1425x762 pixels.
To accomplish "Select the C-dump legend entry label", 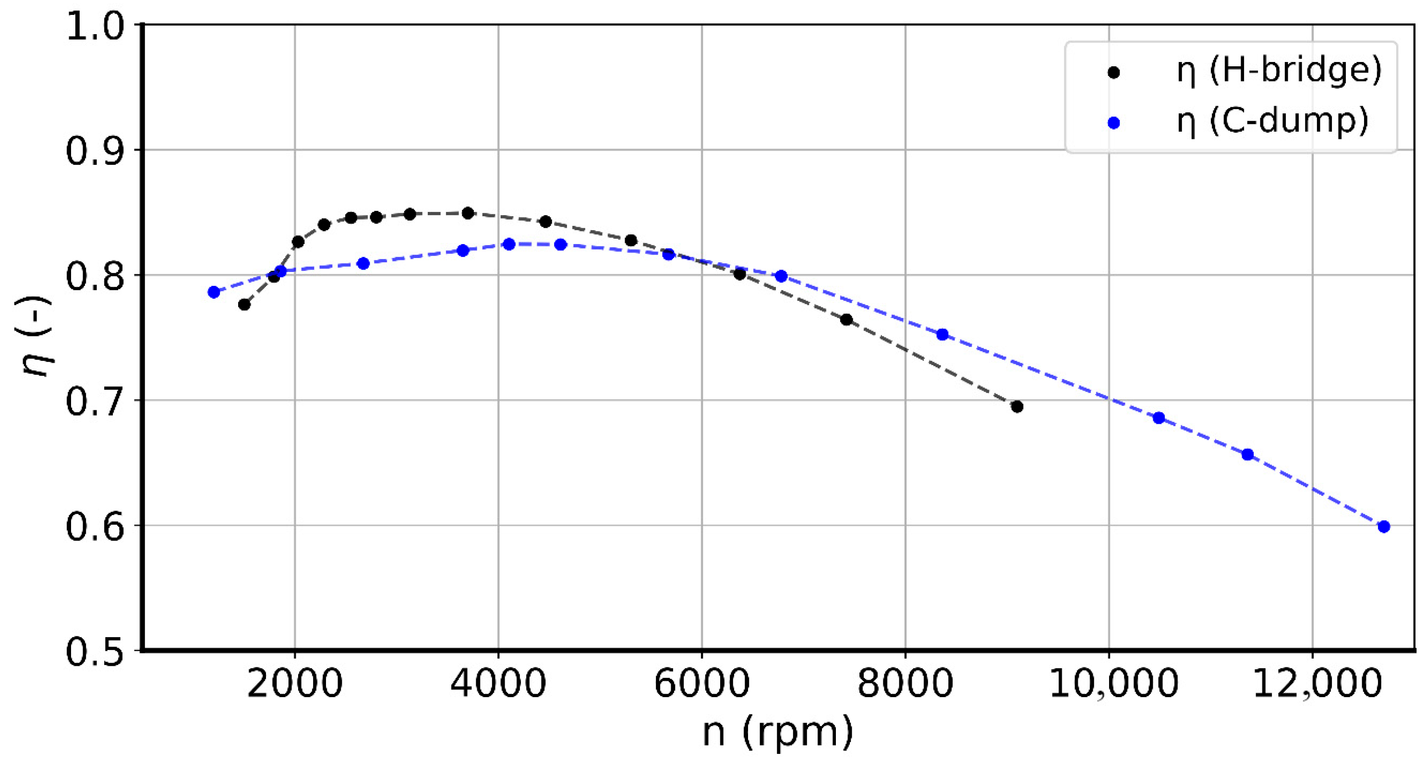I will pyautogui.click(x=1272, y=121).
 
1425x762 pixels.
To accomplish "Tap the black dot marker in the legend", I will pyautogui.click(x=1113, y=73).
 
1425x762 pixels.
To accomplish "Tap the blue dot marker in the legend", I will pyautogui.click(x=1113, y=123).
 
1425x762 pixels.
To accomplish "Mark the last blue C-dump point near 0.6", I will pyautogui.click(x=1384, y=526).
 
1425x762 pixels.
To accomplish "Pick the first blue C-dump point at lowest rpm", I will pyautogui.click(x=214, y=292).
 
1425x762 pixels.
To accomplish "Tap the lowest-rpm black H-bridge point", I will pyautogui.click(x=244, y=304).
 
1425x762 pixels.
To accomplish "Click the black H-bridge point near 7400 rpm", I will pyautogui.click(x=846, y=320).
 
